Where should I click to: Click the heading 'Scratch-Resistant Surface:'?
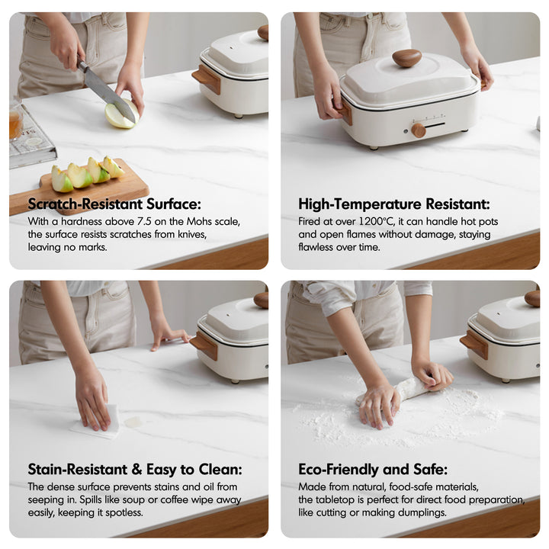114,204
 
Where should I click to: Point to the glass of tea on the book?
15,120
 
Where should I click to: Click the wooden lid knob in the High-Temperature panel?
406,58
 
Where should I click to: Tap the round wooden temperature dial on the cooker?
419,130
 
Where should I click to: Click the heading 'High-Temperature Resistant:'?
394,204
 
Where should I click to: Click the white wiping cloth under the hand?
100,423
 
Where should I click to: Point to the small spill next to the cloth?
133,422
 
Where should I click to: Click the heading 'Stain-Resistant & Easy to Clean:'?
135,469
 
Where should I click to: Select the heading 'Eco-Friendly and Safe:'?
373,469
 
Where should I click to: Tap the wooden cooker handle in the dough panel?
475,343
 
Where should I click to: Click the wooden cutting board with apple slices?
81,189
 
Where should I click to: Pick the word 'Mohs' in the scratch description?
199,221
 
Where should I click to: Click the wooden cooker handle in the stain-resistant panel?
204,345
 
